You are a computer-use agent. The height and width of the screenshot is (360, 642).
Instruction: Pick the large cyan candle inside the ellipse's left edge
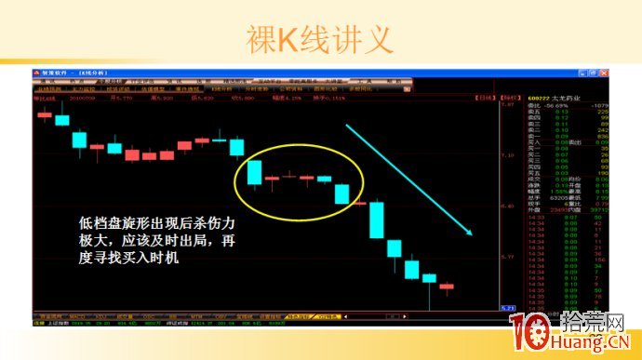tap(254, 173)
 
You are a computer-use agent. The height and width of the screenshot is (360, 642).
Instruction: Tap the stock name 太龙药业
tap(564, 97)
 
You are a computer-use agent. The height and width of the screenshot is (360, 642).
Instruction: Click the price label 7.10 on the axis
tap(508, 154)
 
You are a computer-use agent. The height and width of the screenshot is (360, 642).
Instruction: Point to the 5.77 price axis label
tap(508, 255)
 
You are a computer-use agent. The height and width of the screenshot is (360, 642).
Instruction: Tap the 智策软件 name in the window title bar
tap(54, 72)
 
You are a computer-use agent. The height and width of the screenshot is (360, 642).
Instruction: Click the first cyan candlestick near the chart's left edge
tap(61, 119)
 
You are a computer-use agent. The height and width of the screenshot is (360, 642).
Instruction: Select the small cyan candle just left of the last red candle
tap(429, 277)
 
